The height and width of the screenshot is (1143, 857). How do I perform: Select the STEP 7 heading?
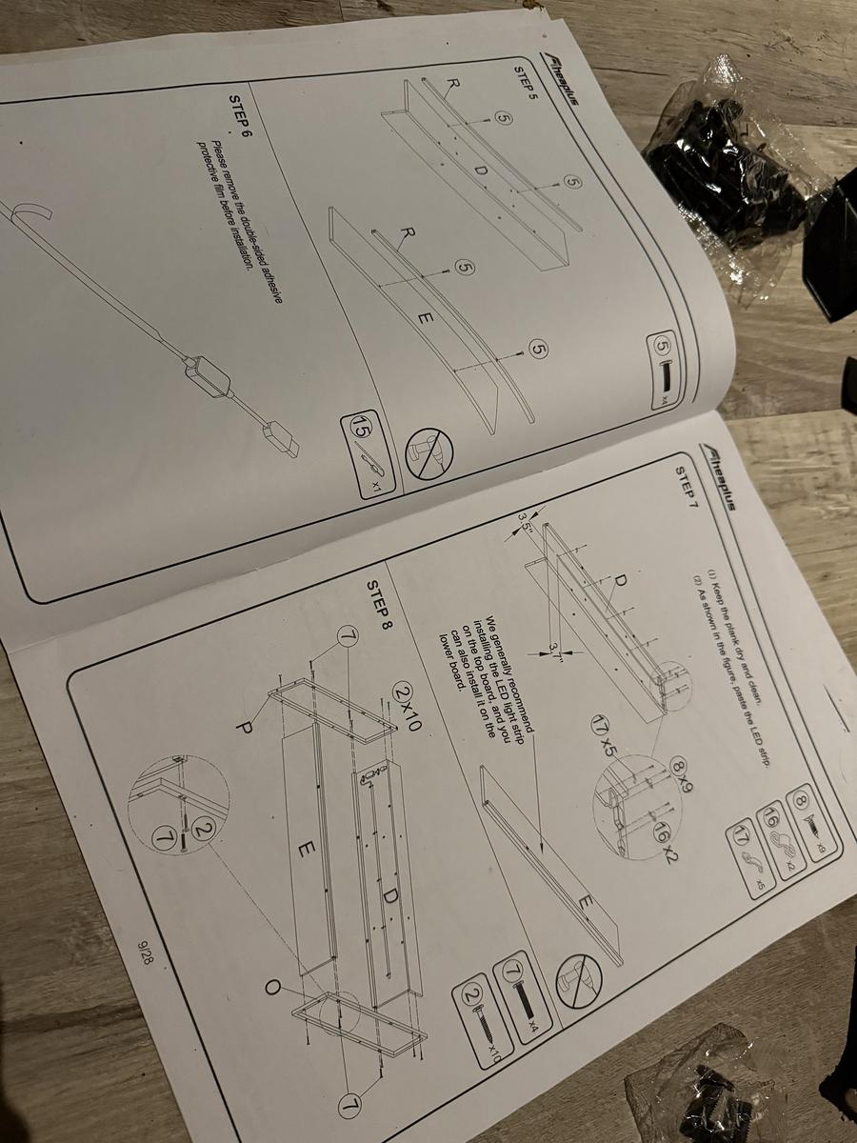click(x=687, y=486)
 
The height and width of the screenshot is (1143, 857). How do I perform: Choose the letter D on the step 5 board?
click(x=480, y=170)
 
